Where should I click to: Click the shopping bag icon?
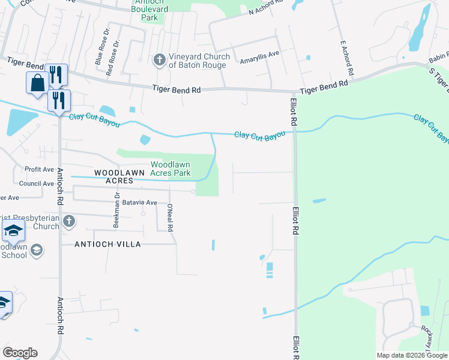point(37,82)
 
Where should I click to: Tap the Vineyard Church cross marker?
point(159,59)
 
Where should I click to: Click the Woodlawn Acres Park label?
point(170,169)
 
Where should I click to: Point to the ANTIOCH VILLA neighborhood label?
point(107,244)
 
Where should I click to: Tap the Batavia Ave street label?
point(140,203)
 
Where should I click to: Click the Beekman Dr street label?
point(116,210)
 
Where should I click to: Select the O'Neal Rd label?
point(170,215)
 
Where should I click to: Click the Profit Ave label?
point(39,169)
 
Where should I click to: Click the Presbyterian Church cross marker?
point(69,221)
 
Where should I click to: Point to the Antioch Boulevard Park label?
point(149,10)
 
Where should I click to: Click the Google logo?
point(20,353)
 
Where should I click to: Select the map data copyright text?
point(411,355)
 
